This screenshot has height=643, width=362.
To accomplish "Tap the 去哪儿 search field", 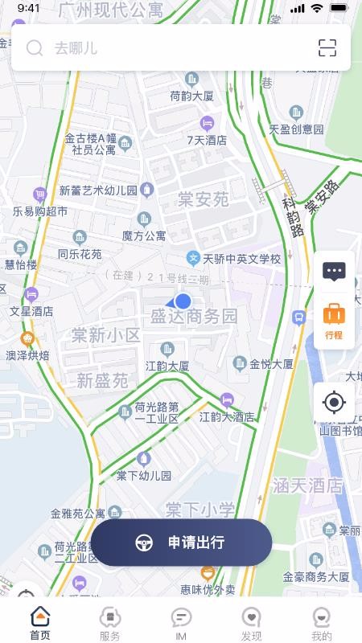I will point(161,48).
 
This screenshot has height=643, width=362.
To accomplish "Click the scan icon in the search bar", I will point(327,48).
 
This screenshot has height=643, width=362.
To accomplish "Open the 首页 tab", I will point(40,624).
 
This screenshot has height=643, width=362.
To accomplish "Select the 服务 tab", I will point(110,624).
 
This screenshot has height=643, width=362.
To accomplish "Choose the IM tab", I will point(181,624).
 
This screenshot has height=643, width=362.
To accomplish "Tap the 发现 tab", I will point(251,624).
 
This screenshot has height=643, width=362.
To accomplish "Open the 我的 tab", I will point(322,624).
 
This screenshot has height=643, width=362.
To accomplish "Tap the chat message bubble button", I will point(334,271).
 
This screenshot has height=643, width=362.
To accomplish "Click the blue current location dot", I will point(183,301).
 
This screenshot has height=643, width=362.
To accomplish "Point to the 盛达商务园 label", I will point(194,317).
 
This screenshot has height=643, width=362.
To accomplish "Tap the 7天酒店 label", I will point(207,139).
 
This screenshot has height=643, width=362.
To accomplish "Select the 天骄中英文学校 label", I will point(241,259).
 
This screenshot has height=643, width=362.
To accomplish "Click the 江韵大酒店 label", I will point(227,417).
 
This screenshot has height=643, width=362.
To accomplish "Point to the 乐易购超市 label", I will point(40,211).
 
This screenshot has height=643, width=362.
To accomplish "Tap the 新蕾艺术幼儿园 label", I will point(98,190).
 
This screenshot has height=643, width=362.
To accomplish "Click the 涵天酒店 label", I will point(307,485).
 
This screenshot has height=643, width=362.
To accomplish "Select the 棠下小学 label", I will point(200,509).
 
